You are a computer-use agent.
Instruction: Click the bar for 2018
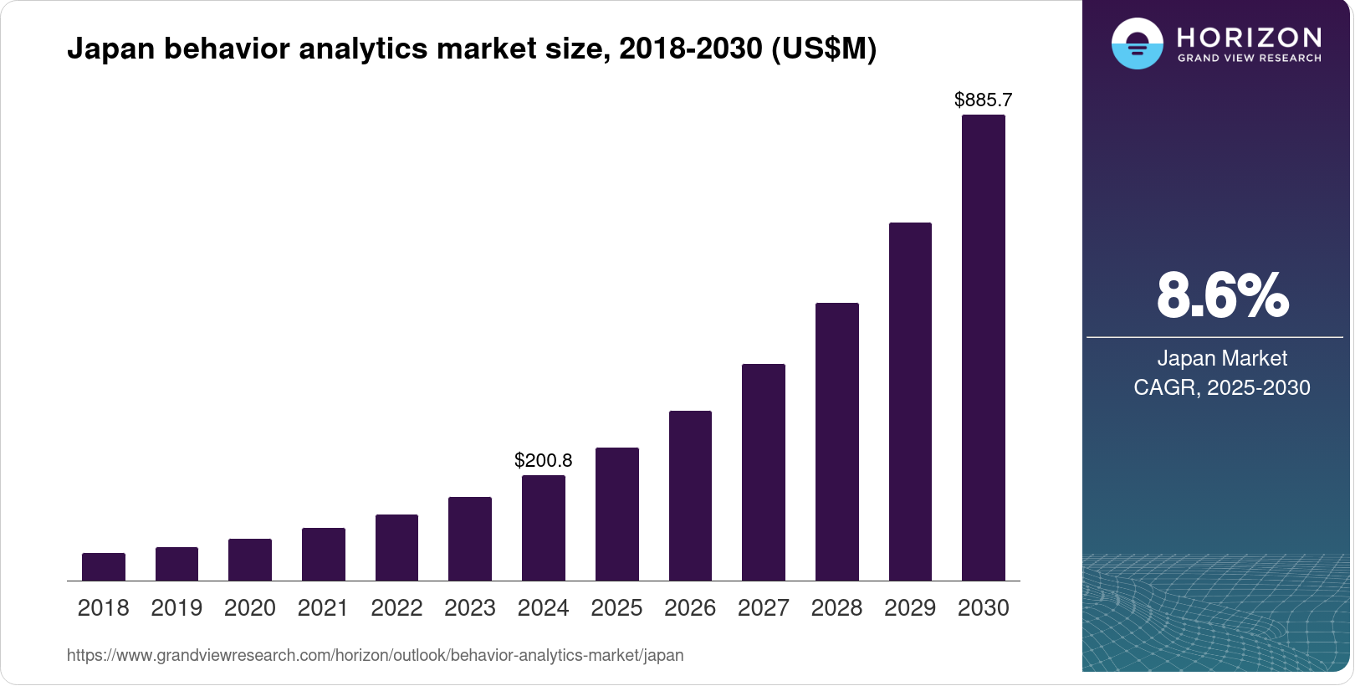[x=104, y=567]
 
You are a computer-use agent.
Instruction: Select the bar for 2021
[x=324, y=555]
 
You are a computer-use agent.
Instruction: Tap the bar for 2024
[x=544, y=528]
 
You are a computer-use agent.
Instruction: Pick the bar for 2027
[x=764, y=473]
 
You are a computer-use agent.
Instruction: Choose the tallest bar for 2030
[x=984, y=348]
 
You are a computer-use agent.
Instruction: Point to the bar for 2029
[x=910, y=402]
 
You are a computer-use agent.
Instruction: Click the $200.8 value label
[x=544, y=460]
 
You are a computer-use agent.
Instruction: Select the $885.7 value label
[x=984, y=100]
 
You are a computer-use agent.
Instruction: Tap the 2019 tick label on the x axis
[x=176, y=608]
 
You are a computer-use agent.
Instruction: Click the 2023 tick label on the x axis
[x=470, y=608]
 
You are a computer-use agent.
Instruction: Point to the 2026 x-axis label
[x=690, y=608]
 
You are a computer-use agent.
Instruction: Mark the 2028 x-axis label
[x=836, y=608]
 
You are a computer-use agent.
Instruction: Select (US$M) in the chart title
[x=824, y=49]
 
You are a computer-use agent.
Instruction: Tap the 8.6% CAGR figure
[x=1222, y=295]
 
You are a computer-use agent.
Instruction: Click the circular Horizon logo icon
[x=1137, y=44]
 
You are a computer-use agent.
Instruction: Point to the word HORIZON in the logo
[x=1249, y=37]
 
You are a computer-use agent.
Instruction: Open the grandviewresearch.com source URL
[x=375, y=656]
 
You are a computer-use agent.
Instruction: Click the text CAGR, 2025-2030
[x=1222, y=388]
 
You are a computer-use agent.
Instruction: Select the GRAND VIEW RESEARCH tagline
[x=1250, y=59]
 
